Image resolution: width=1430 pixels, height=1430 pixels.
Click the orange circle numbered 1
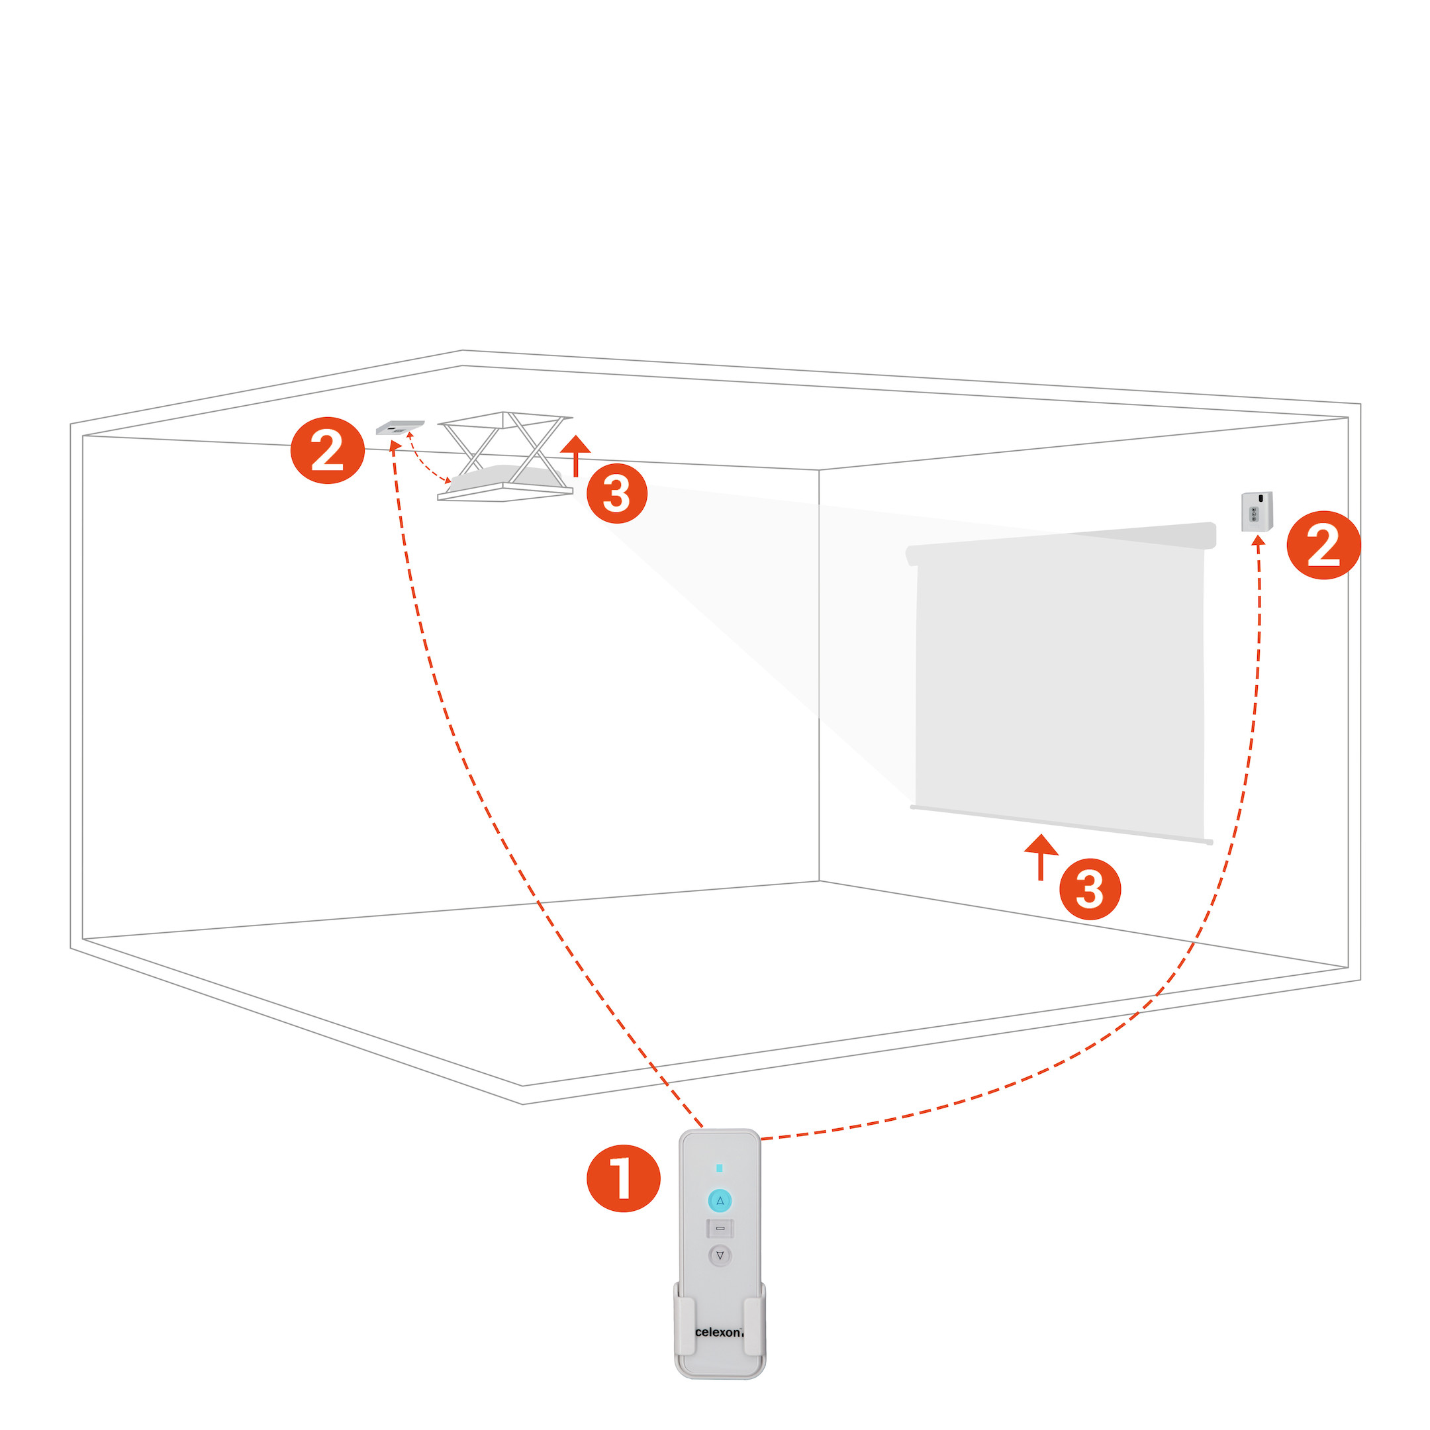tap(623, 1178)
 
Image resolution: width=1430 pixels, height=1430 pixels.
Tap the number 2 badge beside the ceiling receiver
tap(328, 451)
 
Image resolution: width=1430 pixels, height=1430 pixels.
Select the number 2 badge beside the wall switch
tap(1324, 545)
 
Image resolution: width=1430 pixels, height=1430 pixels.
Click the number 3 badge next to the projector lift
tap(616, 493)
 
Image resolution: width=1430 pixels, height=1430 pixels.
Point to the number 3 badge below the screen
tap(1090, 889)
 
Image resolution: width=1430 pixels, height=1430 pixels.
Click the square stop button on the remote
tap(720, 1229)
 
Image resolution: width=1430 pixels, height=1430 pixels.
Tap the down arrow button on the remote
tap(720, 1255)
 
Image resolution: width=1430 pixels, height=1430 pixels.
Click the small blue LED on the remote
tap(720, 1168)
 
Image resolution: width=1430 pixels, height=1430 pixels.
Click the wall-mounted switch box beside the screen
tap(1257, 512)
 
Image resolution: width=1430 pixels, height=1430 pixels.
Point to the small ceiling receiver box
tap(400, 428)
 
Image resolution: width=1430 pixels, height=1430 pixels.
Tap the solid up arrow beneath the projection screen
tap(1041, 857)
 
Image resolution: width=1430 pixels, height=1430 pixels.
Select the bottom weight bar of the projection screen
tap(1061, 824)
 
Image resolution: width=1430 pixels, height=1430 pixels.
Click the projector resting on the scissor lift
tap(503, 477)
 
